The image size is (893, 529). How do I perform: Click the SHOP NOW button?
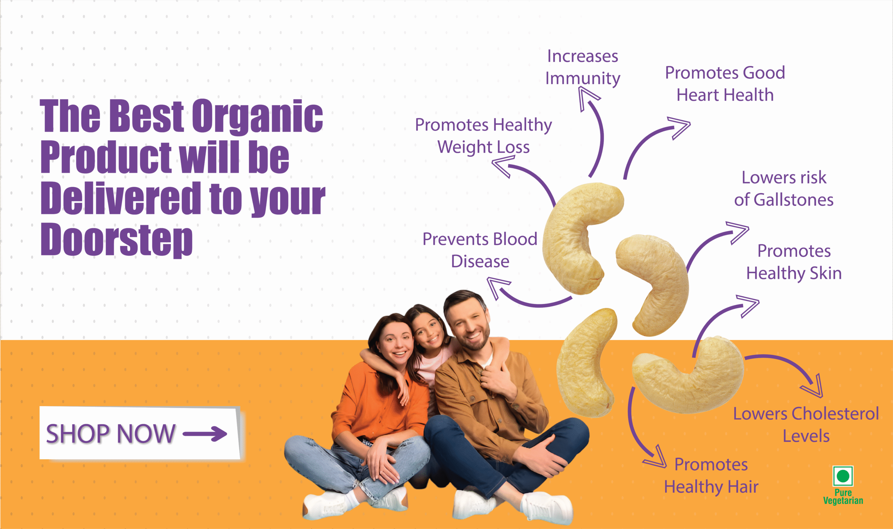(140, 433)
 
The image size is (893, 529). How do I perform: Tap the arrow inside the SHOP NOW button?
(205, 434)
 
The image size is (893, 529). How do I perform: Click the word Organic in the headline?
(257, 116)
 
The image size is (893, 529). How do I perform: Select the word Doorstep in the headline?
(117, 239)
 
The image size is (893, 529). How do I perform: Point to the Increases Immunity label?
(583, 67)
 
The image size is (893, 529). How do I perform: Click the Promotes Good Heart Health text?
(725, 84)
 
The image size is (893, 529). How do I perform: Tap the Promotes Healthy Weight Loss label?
(483, 136)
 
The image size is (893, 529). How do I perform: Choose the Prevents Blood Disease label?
(480, 250)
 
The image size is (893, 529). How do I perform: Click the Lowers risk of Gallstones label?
(783, 188)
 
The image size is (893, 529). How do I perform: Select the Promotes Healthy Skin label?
(794, 262)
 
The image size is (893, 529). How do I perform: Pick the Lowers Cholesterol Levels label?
(806, 425)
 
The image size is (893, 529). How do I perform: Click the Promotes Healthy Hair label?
(711, 476)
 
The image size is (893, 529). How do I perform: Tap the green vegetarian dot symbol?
(843, 476)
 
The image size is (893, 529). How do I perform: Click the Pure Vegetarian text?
(843, 497)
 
